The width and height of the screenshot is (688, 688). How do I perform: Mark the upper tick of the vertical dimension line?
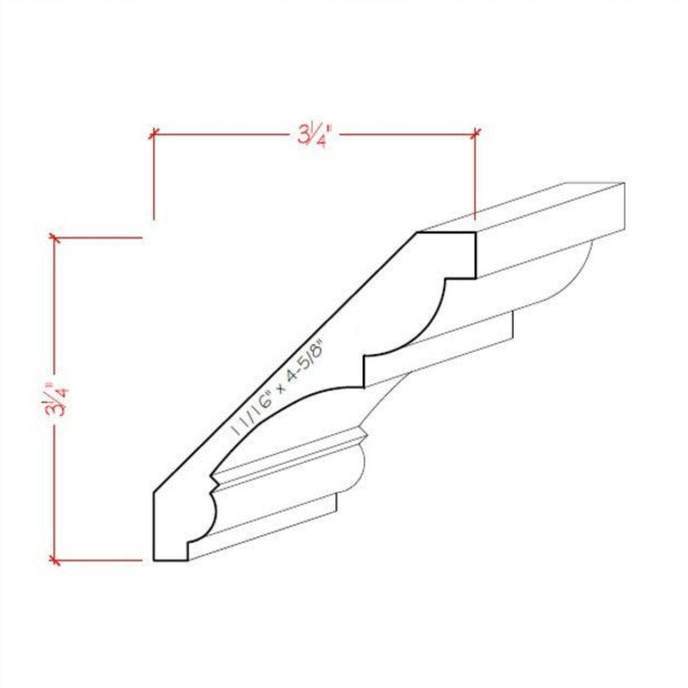[x=54, y=237]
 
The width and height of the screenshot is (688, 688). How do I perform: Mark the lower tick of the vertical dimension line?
[x=54, y=560]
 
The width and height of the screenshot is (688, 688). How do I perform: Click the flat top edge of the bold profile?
[x=446, y=233]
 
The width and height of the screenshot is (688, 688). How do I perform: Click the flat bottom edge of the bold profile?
[x=170, y=561]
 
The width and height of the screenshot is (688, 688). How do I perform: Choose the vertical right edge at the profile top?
[x=476, y=256]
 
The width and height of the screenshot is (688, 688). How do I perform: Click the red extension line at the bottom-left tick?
[x=99, y=560]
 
